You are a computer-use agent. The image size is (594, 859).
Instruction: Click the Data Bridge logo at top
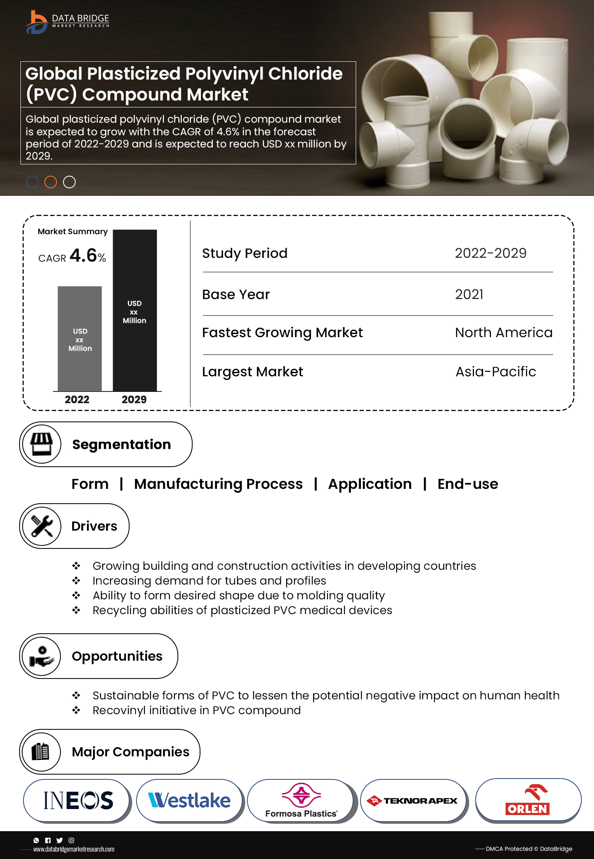pyautogui.click(x=67, y=22)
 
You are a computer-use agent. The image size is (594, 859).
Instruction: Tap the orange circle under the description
pyautogui.click(x=51, y=182)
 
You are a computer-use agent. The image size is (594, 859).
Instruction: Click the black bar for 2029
pyautogui.click(x=135, y=311)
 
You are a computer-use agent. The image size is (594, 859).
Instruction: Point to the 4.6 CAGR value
pyautogui.click(x=83, y=255)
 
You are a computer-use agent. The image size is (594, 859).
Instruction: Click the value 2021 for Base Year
pyautogui.click(x=469, y=294)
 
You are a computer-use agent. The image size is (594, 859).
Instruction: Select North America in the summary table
pyautogui.click(x=504, y=333)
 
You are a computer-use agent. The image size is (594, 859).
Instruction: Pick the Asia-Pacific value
pyautogui.click(x=496, y=372)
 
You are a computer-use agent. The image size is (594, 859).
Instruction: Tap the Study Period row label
pyautogui.click(x=245, y=253)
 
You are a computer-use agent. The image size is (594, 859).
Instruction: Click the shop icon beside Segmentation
pyautogui.click(x=41, y=444)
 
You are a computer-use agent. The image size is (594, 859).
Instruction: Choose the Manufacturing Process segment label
pyautogui.click(x=218, y=484)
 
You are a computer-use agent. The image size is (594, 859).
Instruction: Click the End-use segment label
pyautogui.click(x=467, y=484)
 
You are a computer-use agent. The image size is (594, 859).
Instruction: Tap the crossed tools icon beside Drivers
pyautogui.click(x=42, y=526)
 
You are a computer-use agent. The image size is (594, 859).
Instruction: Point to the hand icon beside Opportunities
pyautogui.click(x=42, y=656)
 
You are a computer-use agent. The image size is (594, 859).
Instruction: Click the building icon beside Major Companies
pyautogui.click(x=41, y=752)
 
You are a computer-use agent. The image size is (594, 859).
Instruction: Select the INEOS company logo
pyautogui.click(x=78, y=800)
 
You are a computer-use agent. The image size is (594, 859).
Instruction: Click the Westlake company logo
pyautogui.click(x=190, y=800)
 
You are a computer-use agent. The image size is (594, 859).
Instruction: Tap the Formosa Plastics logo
pyautogui.click(x=301, y=800)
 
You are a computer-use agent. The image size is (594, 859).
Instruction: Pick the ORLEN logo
pyautogui.click(x=527, y=800)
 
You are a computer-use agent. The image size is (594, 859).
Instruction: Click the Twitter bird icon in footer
pyautogui.click(x=60, y=840)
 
